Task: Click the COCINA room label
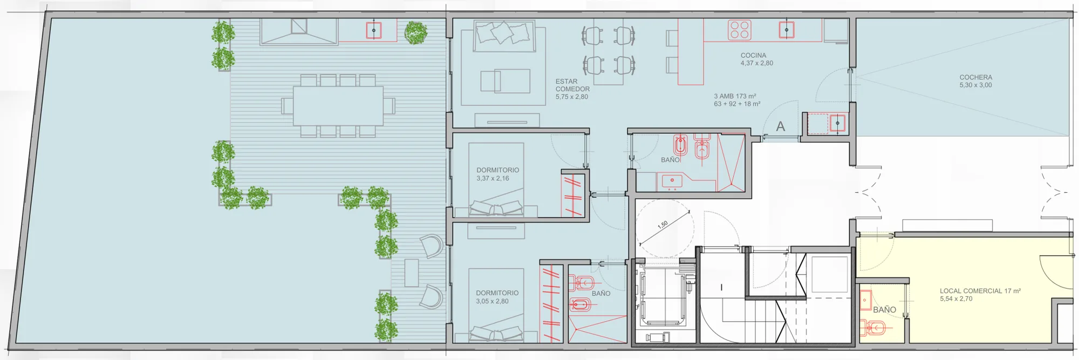tap(753, 56)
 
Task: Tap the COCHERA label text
tap(975, 78)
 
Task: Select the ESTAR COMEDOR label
tap(572, 85)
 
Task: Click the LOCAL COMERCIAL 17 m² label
tap(980, 291)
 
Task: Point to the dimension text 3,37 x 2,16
tap(493, 178)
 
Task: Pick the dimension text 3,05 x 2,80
tap(492, 301)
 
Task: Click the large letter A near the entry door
tap(780, 126)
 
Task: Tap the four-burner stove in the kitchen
tap(740, 30)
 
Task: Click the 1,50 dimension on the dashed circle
tap(663, 225)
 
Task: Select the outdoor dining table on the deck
tap(338, 106)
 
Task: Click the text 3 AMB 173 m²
tap(735, 97)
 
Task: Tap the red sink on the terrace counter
tap(374, 30)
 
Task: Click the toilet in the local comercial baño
tap(873, 327)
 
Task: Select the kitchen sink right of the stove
tap(787, 30)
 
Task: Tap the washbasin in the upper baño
tap(672, 181)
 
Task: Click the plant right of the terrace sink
tap(415, 33)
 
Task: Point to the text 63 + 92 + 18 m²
tap(737, 104)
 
